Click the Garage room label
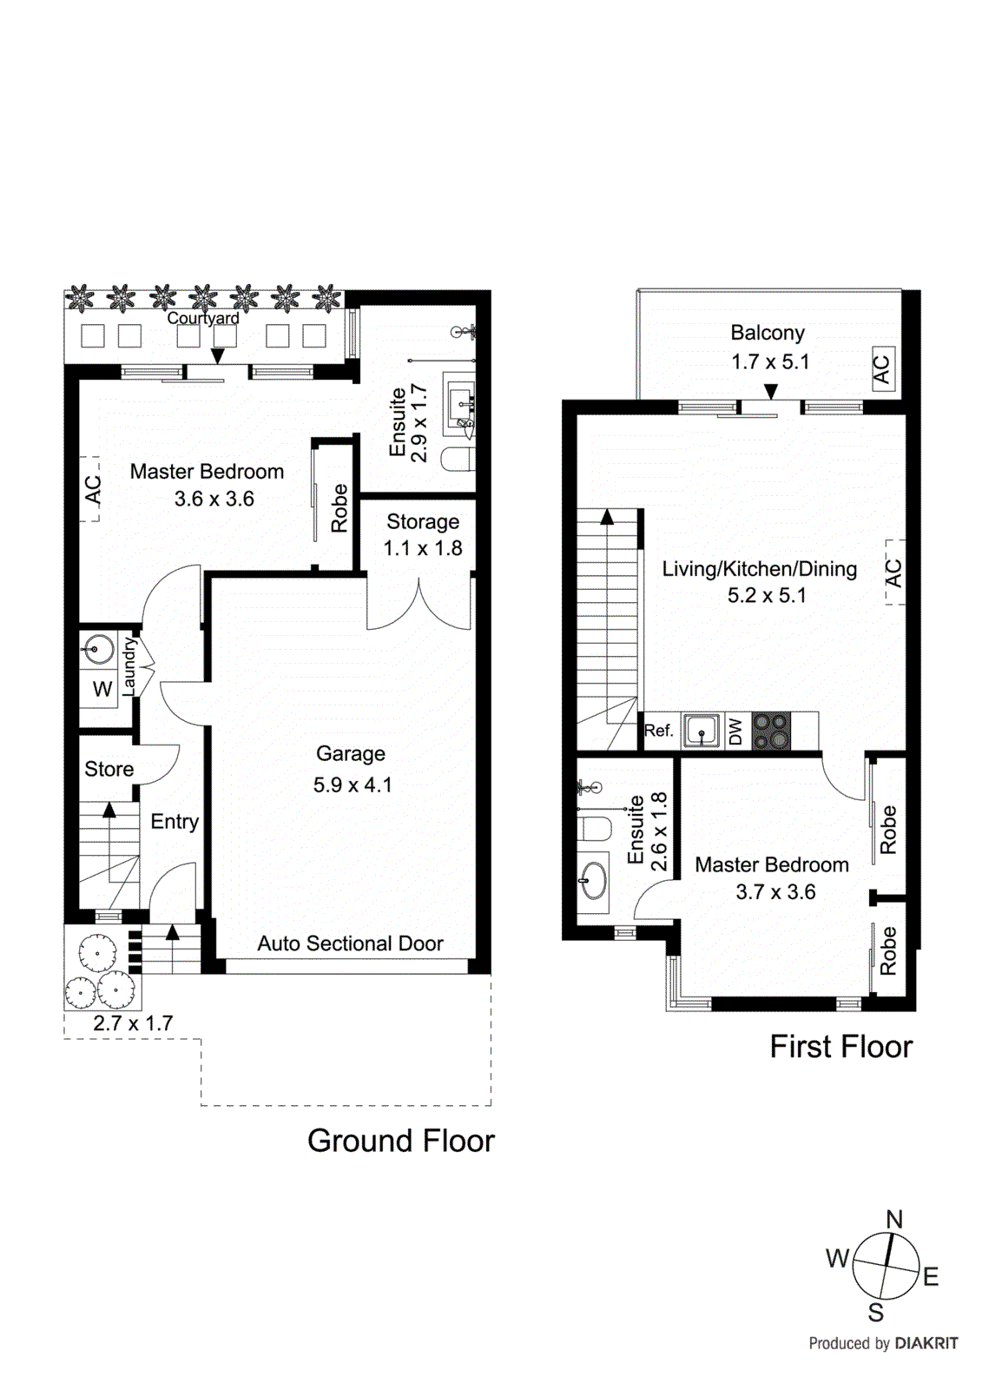coord(351,754)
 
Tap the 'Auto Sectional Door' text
coord(350,943)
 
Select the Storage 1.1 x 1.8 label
coord(423,534)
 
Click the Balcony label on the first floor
coord(768,333)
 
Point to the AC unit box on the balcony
coord(882,369)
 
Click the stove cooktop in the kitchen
coord(771,731)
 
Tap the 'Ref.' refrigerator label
coord(658,731)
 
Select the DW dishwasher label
coord(735,731)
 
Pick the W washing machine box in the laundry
coord(102,689)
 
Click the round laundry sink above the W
coord(99,648)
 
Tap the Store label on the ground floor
coord(109,769)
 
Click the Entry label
coord(175,822)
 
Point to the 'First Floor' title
coord(840,1047)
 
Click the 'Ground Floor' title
coord(400,1141)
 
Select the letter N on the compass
coord(894,1219)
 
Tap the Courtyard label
coord(203,318)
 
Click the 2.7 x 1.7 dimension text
coord(133,1023)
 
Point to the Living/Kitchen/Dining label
coord(759,569)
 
